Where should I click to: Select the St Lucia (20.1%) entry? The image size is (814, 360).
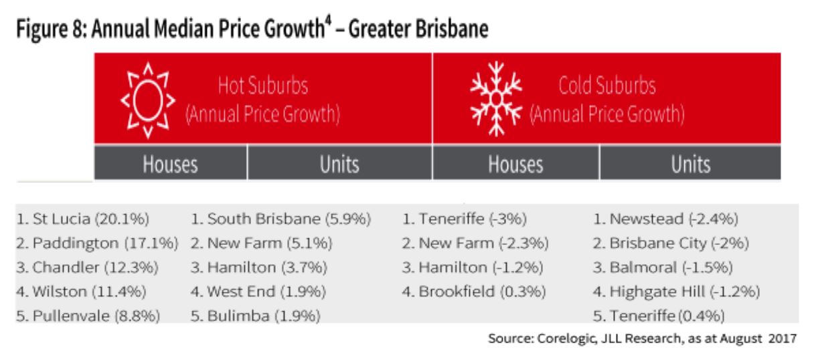82,219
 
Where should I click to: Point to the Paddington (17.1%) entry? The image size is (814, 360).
97,243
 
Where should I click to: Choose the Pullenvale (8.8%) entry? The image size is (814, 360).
88,315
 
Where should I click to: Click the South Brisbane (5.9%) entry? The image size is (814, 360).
280,219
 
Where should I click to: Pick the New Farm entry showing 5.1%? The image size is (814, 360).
263,243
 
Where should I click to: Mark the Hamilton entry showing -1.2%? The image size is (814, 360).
472,267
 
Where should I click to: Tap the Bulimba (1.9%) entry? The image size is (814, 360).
255,315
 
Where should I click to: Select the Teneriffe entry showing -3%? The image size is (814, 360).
465,219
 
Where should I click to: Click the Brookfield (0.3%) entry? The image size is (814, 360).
474,291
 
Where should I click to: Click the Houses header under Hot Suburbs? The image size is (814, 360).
171,163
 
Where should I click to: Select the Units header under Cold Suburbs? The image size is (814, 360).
690,163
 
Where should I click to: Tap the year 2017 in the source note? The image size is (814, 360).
783,337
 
